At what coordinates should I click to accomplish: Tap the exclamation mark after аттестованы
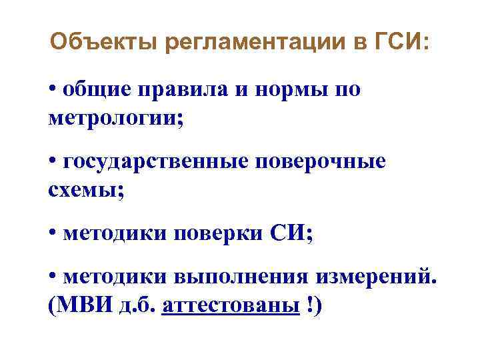click(311, 306)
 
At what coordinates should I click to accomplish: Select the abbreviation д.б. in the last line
click(139, 306)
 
